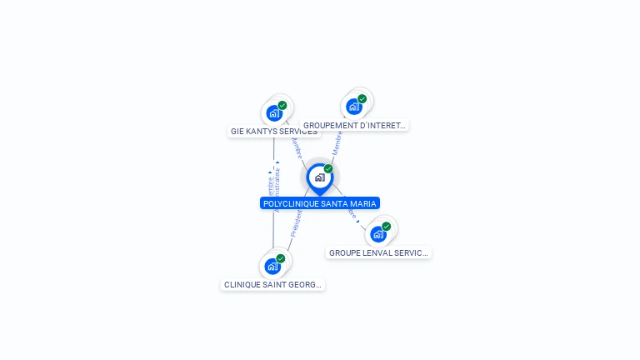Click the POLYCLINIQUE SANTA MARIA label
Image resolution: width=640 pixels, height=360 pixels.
click(320, 203)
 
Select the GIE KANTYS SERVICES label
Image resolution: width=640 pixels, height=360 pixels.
click(273, 132)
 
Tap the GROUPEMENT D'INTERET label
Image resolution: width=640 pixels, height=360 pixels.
click(354, 126)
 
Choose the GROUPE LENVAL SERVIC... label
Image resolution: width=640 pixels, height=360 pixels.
click(378, 252)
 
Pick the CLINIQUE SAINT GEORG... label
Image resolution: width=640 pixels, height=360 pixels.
click(272, 284)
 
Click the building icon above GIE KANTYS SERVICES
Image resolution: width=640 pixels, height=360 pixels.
click(273, 113)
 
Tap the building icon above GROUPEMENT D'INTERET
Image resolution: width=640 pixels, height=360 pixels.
click(353, 107)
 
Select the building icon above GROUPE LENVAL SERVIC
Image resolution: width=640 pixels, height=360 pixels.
click(377, 234)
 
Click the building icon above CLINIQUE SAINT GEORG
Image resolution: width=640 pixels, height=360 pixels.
click(272, 267)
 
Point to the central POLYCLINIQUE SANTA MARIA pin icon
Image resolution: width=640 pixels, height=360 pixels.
click(319, 177)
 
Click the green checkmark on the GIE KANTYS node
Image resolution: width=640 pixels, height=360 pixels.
click(282, 106)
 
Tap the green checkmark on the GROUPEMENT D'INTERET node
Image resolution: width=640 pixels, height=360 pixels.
click(362, 99)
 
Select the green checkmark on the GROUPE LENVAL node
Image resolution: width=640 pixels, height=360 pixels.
click(386, 227)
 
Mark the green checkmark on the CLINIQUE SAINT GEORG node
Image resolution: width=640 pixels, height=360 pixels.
click(281, 258)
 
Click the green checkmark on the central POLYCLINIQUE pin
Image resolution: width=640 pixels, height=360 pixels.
click(328, 169)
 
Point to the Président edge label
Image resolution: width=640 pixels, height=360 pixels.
click(295, 223)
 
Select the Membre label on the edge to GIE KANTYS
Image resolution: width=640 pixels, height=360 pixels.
click(296, 148)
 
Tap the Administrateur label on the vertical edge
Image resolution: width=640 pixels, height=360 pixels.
click(277, 183)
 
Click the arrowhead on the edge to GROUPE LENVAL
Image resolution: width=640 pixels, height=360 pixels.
click(357, 221)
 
